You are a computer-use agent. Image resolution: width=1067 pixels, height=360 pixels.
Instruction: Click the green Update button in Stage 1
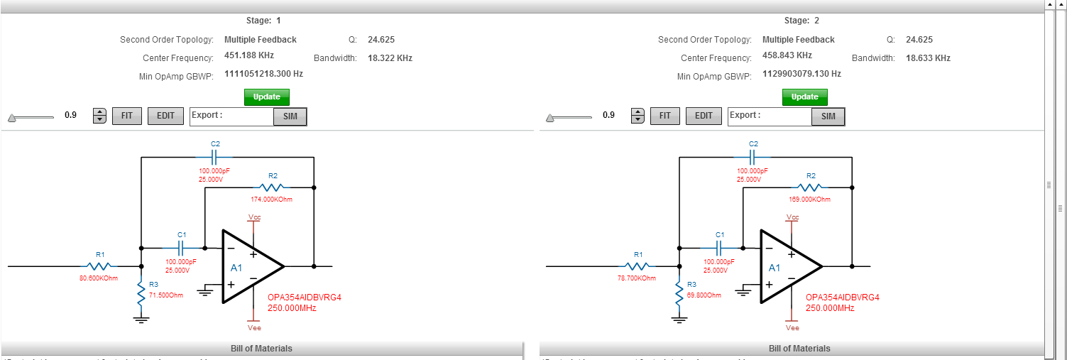click(x=266, y=97)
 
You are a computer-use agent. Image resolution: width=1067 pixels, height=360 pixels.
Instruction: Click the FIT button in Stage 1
click(x=127, y=116)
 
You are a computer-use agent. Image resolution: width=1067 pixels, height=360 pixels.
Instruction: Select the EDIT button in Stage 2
click(x=704, y=116)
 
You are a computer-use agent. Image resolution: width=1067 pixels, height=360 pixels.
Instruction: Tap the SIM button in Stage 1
click(x=290, y=116)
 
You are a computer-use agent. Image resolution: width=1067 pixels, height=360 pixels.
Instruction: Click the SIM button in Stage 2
click(x=828, y=116)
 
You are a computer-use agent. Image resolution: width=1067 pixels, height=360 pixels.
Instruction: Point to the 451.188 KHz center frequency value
click(x=249, y=55)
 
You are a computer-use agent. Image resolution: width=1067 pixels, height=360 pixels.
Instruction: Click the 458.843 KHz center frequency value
click(x=787, y=55)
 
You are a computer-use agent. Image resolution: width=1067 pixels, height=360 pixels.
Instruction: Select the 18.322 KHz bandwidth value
click(x=390, y=58)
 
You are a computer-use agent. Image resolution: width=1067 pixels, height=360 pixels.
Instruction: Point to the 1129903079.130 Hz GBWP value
click(x=801, y=74)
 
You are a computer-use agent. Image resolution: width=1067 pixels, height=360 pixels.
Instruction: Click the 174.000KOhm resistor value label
click(x=271, y=200)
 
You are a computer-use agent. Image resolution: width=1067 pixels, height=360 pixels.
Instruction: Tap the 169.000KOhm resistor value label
click(x=809, y=200)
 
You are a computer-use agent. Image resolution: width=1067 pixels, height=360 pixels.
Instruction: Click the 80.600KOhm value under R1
click(x=99, y=278)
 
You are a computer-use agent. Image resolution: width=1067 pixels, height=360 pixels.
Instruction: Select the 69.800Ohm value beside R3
click(x=704, y=295)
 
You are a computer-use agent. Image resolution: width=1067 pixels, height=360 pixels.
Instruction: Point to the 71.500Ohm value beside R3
click(x=166, y=295)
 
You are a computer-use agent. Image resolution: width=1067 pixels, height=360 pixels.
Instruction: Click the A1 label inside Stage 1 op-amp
click(x=236, y=268)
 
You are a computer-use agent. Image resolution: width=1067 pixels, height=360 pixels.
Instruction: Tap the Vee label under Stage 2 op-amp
click(x=792, y=328)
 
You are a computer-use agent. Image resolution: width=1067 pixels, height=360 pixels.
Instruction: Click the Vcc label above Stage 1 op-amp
click(x=254, y=217)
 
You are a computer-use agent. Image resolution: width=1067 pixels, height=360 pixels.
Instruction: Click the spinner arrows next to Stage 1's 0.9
click(x=99, y=116)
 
